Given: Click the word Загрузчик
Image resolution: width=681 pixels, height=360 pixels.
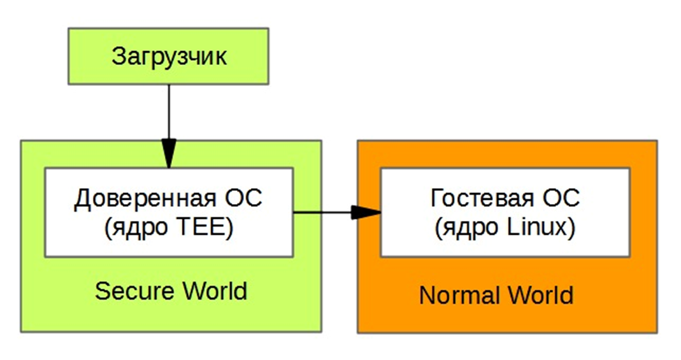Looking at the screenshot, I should [169, 57].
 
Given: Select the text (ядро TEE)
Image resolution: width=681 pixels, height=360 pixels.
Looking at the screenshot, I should [168, 228].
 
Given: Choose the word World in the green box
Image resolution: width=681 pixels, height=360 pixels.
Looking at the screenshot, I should [211, 290].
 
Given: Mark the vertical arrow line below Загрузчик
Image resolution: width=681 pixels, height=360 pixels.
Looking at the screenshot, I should [169, 112].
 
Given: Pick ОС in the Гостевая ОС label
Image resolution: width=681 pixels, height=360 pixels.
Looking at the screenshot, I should [559, 199].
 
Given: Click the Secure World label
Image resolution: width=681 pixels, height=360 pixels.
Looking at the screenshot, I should [171, 290].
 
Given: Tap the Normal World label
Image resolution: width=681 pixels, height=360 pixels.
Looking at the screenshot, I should [496, 295].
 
